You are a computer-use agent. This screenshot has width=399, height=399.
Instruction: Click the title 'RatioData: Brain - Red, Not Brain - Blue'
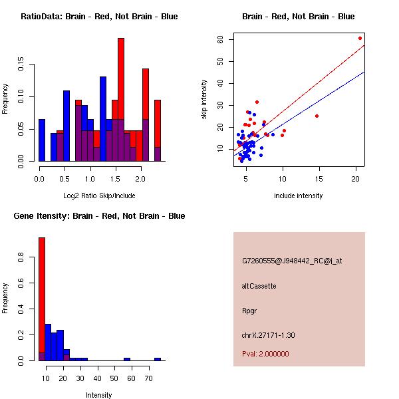pyautogui.click(x=99, y=17)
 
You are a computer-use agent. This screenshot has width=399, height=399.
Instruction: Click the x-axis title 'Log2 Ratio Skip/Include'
pyautogui.click(x=99, y=196)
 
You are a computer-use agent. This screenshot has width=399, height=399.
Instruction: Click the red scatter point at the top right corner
pyautogui.click(x=360, y=38)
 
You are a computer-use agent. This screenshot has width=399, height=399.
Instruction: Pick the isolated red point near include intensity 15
pyautogui.click(x=317, y=116)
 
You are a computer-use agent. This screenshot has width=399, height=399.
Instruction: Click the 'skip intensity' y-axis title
pyautogui.click(x=204, y=99)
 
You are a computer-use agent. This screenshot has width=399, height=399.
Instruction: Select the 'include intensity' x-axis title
pyautogui.click(x=299, y=196)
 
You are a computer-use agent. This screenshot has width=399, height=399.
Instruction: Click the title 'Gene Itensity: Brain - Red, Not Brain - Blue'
pyautogui.click(x=99, y=216)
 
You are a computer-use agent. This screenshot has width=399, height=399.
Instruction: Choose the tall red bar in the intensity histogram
pyautogui.click(x=42, y=299)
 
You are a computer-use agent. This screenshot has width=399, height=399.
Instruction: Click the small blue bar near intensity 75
pyautogui.click(x=158, y=359)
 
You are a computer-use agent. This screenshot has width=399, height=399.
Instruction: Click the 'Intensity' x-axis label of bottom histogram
pyautogui.click(x=99, y=395)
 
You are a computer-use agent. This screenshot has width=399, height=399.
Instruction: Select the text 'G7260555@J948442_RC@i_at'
pyautogui.click(x=292, y=261)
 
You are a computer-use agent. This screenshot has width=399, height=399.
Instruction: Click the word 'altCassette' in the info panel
pyautogui.click(x=259, y=286)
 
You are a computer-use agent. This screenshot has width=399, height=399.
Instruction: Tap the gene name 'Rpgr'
pyautogui.click(x=249, y=311)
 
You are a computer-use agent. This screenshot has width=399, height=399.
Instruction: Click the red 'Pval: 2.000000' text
pyautogui.click(x=266, y=354)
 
